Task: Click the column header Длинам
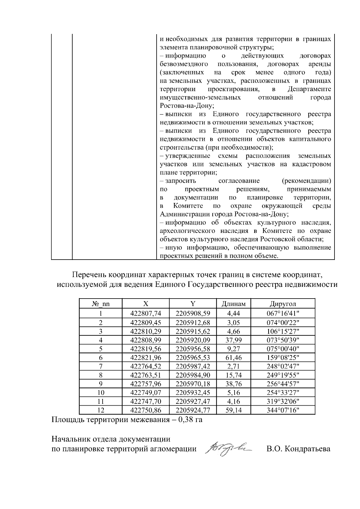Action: coord(233,304)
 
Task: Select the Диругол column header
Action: coord(283,304)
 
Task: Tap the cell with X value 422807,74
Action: coord(146,314)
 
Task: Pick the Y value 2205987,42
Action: coord(193,366)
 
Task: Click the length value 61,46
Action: coord(233,357)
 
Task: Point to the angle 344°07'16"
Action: coord(283,410)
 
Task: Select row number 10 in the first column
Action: coord(101,392)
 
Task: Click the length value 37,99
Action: coord(233,340)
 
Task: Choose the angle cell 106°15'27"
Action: coord(283,331)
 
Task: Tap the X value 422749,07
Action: coord(146,392)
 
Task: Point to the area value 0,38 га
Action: coord(190,419)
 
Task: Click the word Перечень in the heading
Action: coord(89,275)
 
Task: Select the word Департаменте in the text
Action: coord(309,89)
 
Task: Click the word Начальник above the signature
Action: coord(69,439)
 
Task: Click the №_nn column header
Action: coord(101,304)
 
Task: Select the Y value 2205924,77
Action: coord(193,410)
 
